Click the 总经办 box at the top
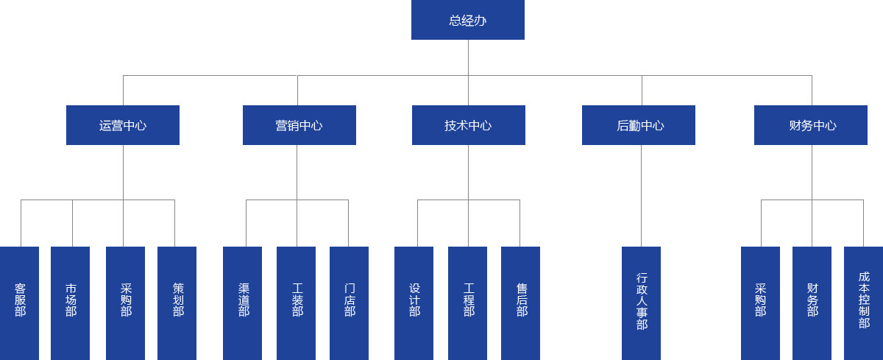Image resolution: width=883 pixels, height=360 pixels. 467,20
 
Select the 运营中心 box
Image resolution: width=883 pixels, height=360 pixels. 123,125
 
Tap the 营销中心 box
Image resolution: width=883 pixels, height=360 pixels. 299,125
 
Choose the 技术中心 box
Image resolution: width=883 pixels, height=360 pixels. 468,125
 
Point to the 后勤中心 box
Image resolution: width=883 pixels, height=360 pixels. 638,125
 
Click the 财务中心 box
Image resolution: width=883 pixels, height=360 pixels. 810,125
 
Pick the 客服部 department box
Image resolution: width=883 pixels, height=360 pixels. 20,303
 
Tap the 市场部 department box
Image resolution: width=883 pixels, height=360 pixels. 71,303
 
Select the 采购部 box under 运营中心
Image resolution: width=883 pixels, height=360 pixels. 125,303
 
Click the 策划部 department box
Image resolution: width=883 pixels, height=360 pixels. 177,303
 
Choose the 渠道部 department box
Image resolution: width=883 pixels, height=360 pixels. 242,303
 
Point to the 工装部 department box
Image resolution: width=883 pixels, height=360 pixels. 296,303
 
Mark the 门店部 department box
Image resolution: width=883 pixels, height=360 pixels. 349,303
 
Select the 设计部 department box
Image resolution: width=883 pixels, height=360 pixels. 414,303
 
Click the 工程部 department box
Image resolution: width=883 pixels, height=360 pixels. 467,303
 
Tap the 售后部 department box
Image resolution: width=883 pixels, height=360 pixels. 520,303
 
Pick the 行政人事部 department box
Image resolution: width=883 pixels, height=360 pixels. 641,303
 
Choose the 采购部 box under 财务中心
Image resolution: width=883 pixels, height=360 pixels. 760,303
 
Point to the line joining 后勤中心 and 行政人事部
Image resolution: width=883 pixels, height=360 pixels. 641,196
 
